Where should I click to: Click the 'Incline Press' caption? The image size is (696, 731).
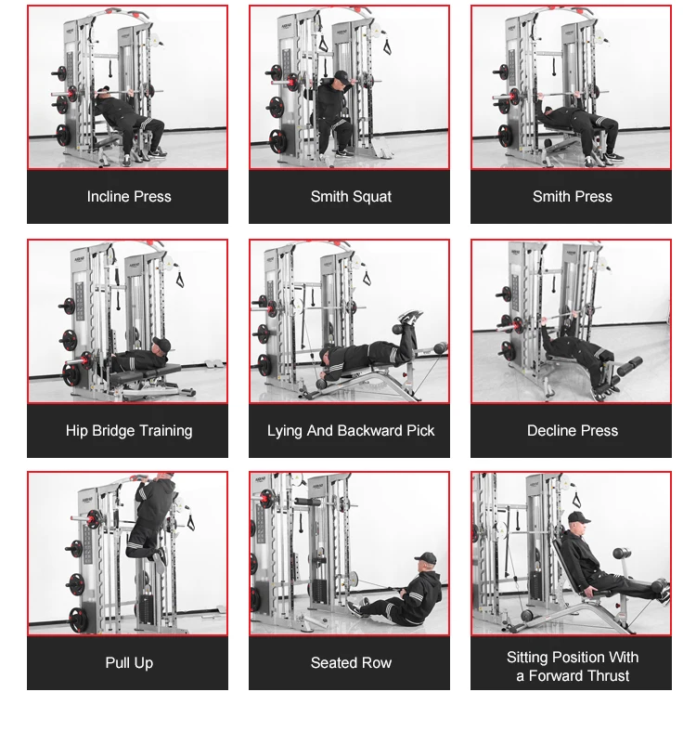[128, 197]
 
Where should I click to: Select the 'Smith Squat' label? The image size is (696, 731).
[351, 197]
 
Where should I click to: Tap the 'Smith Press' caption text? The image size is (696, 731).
[572, 197]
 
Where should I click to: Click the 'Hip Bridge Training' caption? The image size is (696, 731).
[128, 431]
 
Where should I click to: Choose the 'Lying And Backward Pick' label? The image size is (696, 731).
[351, 431]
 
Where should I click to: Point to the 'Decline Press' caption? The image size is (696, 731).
[572, 431]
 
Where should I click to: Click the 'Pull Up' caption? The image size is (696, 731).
[128, 663]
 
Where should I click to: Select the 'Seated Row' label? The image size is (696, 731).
[351, 663]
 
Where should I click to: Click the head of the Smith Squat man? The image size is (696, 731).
[341, 79]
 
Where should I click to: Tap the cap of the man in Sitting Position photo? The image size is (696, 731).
[578, 517]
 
